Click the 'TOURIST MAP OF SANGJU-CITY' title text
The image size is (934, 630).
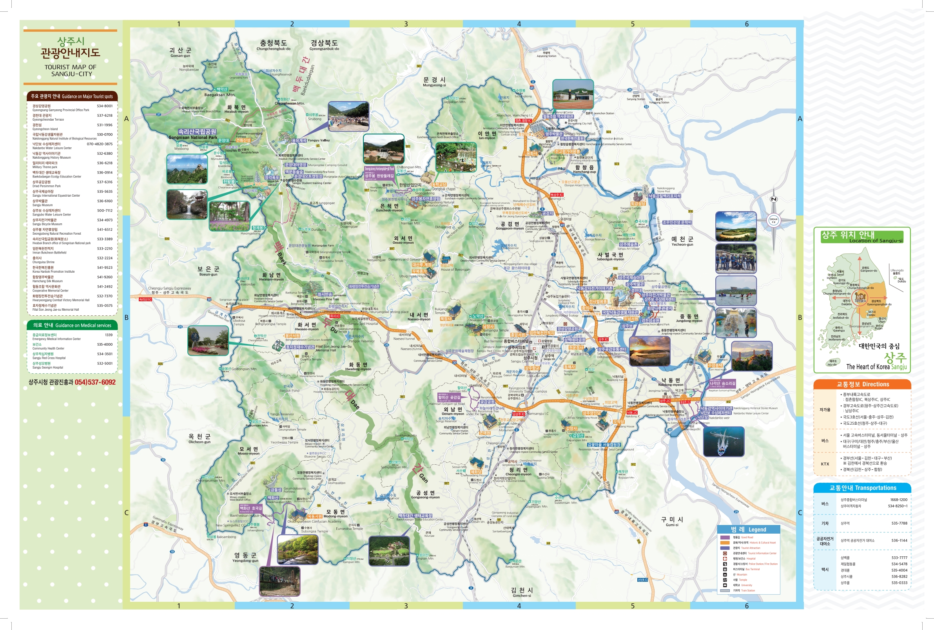click(70, 70)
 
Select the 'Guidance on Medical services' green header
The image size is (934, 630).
click(72, 325)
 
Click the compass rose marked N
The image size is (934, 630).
click(773, 220)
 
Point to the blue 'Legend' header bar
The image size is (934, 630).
click(748, 529)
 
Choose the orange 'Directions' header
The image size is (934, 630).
click(862, 384)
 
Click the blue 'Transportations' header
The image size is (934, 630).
click(862, 488)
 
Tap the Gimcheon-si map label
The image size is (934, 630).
click(522, 592)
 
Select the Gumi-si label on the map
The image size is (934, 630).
click(671, 521)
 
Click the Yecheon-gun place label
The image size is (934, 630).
click(682, 241)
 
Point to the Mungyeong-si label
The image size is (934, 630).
click(434, 81)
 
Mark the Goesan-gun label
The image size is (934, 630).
click(180, 52)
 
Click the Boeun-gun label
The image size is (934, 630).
click(208, 271)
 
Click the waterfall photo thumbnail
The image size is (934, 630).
click(187, 204)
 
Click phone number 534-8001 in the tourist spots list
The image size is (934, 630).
click(105, 106)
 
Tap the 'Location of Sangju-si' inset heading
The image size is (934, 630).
click(861, 237)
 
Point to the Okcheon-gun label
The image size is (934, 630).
click(199, 438)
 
